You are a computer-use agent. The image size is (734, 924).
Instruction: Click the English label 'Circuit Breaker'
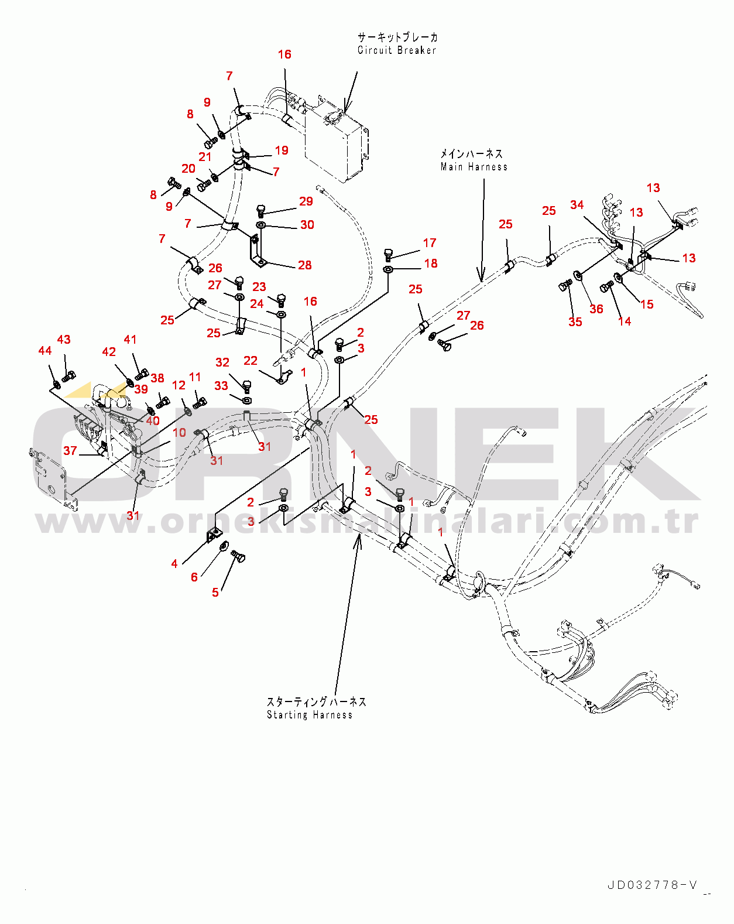[397, 50]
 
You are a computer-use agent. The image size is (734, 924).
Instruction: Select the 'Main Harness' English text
[474, 167]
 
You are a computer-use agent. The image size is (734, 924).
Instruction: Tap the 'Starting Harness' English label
[310, 715]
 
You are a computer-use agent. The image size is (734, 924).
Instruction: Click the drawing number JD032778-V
[653, 885]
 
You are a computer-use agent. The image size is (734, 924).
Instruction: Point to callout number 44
[45, 351]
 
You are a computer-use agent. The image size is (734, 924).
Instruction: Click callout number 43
[64, 340]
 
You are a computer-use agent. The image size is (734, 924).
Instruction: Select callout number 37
[70, 450]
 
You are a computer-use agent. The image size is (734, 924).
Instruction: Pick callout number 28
[305, 265]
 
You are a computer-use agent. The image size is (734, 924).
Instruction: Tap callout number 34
[577, 205]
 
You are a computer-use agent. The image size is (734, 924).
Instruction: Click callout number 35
[575, 322]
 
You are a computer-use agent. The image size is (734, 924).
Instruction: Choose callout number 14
[625, 321]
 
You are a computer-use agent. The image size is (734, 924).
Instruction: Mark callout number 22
[251, 360]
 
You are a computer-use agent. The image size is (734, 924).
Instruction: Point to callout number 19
[282, 150]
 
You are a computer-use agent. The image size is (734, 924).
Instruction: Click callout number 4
[174, 564]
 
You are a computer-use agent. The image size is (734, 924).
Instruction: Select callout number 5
[215, 593]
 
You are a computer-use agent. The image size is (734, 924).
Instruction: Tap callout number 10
[180, 432]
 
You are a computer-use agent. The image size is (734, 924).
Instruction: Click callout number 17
[430, 243]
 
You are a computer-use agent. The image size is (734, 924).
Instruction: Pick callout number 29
[306, 201]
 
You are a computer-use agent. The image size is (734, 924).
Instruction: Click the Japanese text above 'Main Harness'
[471, 154]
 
